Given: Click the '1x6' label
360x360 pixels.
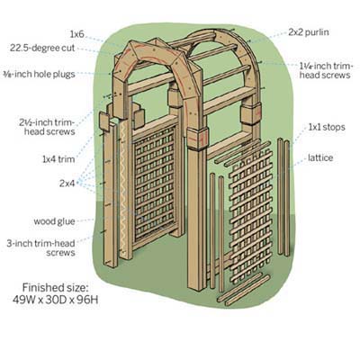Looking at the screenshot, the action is [76, 34].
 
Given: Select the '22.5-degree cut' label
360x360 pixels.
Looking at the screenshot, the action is [42, 48].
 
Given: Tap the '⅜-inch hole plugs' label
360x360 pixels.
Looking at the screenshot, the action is [39, 74].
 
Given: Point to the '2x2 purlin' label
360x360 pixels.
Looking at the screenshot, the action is [309, 32].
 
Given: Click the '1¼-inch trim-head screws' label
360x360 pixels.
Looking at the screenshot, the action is [326, 70].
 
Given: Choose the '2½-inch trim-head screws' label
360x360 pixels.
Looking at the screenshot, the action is [47, 127].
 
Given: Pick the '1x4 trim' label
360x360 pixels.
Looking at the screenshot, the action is [58, 159].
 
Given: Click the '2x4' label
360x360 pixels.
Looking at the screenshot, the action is [67, 184].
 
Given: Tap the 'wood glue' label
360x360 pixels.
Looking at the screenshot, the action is [54, 221].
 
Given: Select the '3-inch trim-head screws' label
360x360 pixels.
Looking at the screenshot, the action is [41, 247].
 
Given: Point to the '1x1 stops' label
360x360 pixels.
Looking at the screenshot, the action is [327, 127].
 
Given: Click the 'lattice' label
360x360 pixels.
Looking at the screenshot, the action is [320, 157].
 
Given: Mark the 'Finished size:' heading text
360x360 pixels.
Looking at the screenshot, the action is [56, 288].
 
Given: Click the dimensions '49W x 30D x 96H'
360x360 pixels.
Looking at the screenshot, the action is [56, 300].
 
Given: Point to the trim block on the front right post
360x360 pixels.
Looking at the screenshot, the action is [197, 139].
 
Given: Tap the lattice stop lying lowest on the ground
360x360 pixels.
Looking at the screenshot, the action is [247, 291].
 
